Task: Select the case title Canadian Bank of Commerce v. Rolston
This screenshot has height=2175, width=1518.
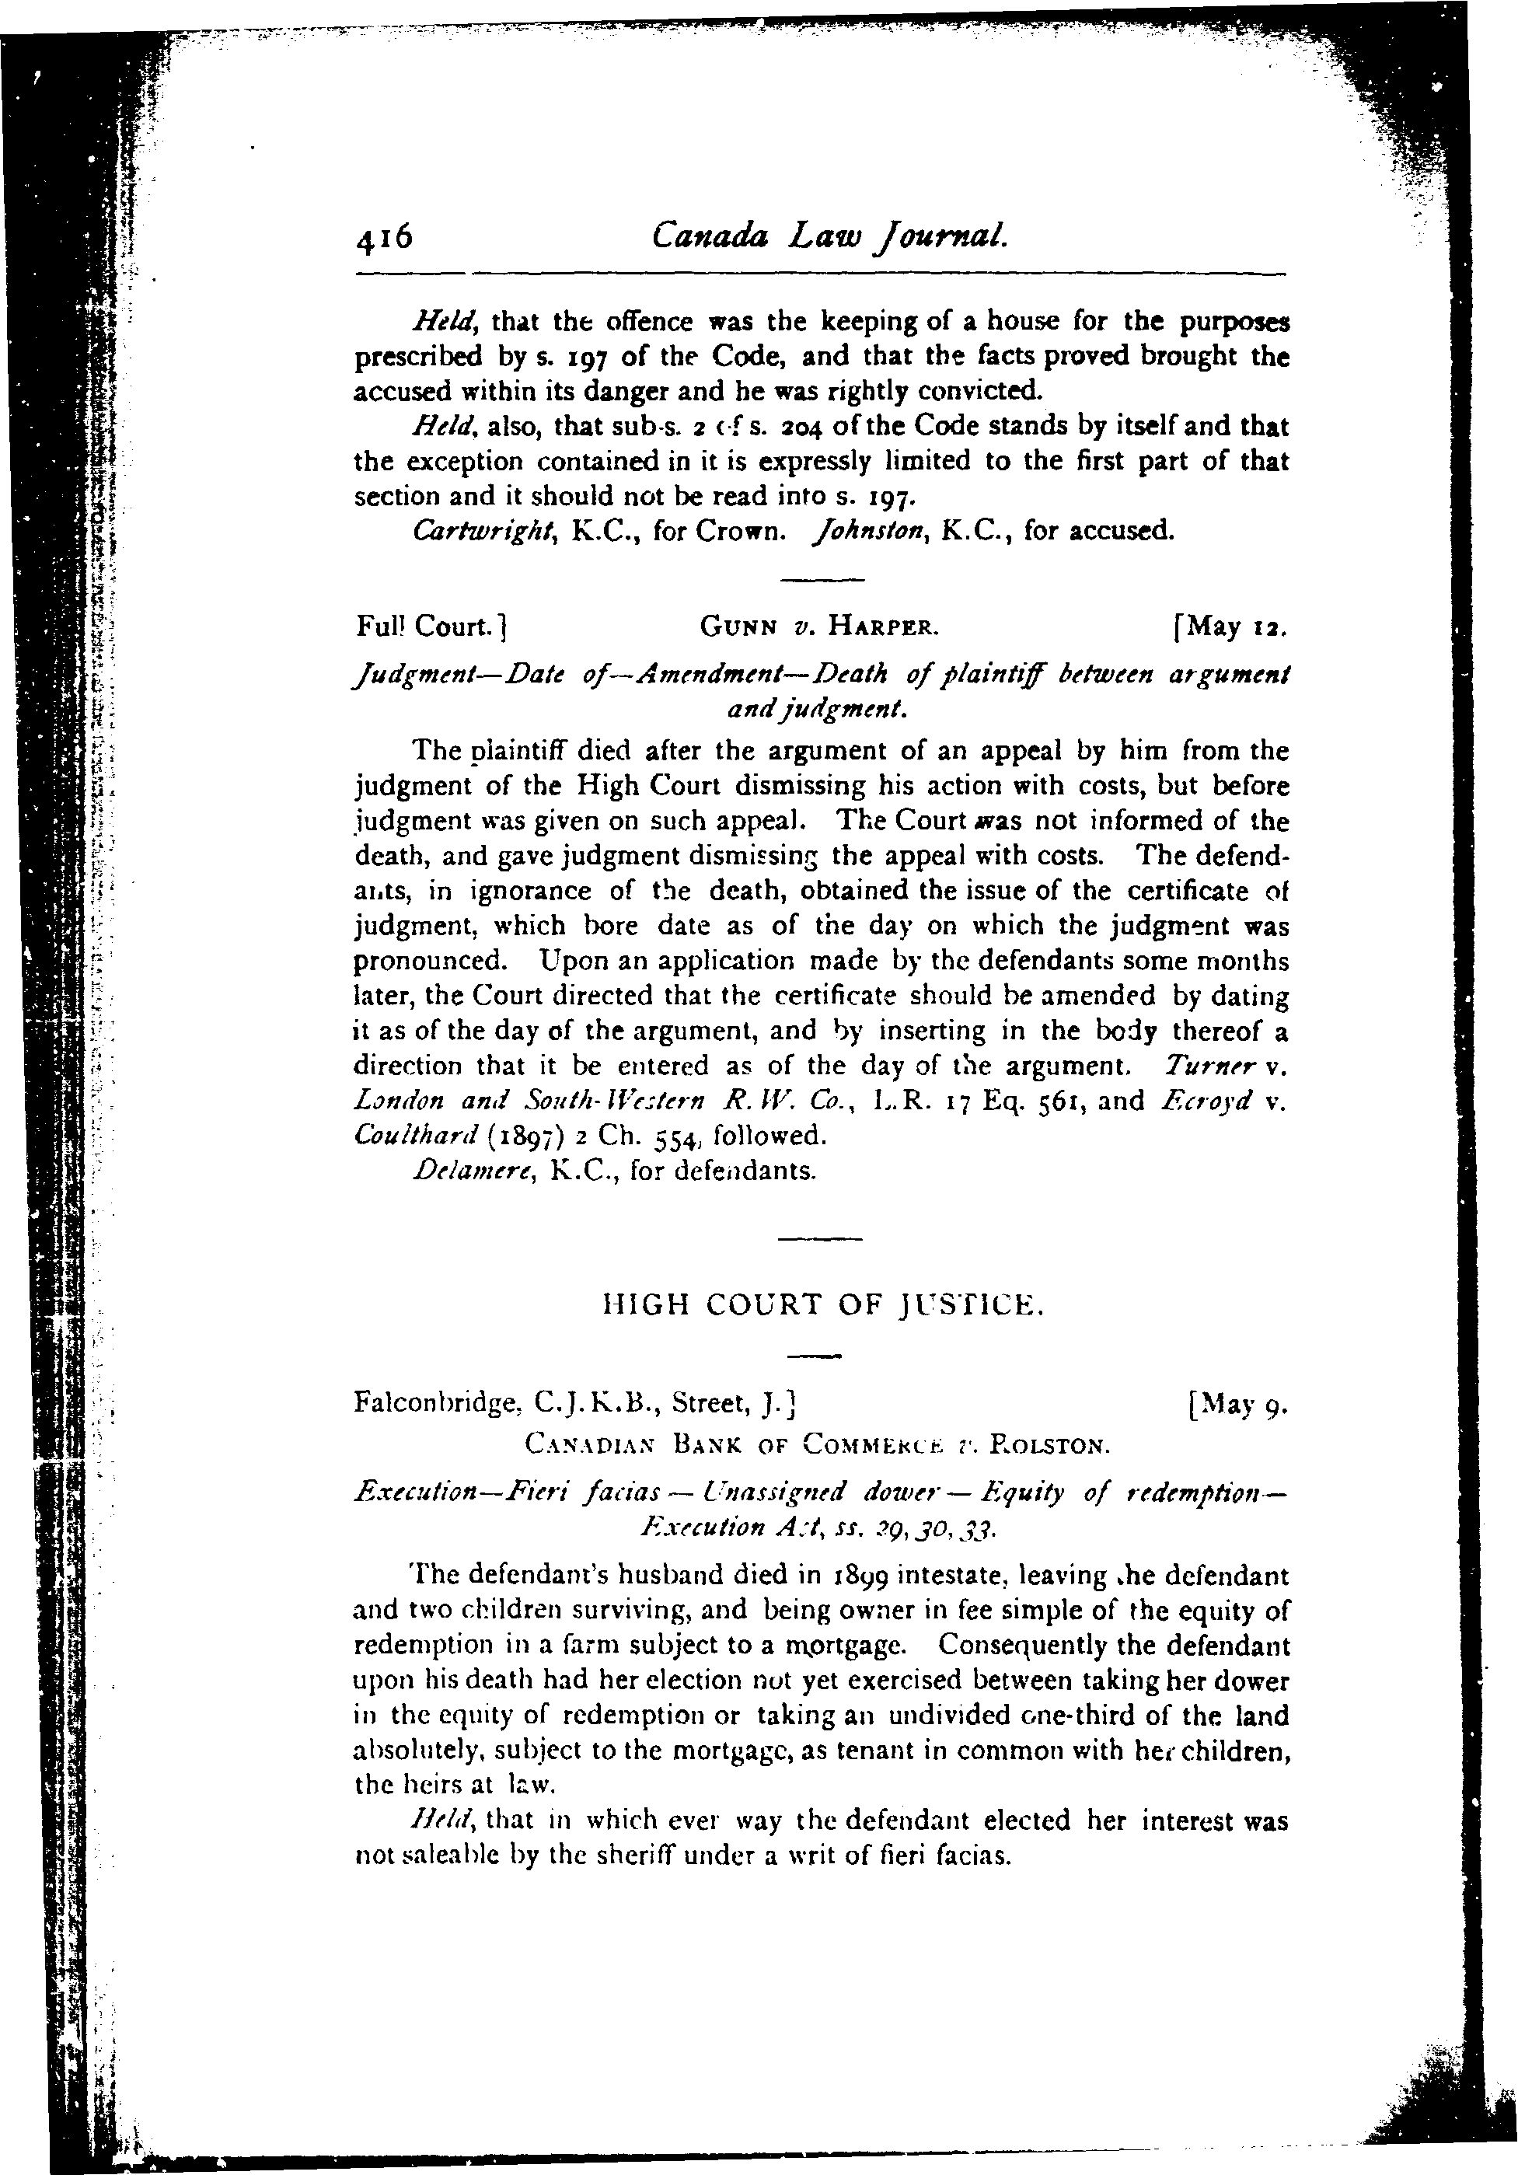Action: coord(816,1446)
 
